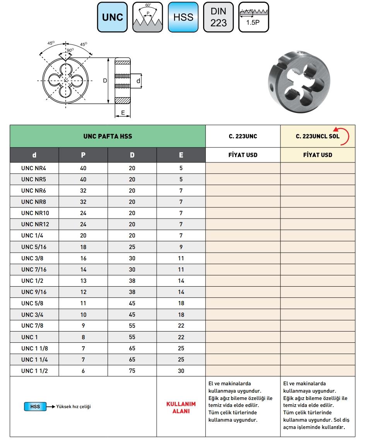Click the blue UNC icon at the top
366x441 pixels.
click(x=112, y=17)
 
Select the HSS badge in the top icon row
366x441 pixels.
click(x=183, y=17)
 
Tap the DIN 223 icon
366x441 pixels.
click(x=218, y=17)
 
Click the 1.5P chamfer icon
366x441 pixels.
click(x=253, y=17)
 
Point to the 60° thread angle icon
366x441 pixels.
click(x=147, y=17)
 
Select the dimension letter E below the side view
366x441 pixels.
click(x=123, y=113)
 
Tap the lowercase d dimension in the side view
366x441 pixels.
click(x=139, y=80)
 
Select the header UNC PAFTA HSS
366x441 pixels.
click(x=108, y=136)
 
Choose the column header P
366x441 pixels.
click(x=83, y=155)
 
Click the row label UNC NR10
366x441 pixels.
click(x=35, y=213)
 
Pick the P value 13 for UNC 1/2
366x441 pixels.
click(x=83, y=281)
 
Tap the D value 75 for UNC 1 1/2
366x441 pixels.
click(x=132, y=371)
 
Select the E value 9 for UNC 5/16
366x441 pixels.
click(x=181, y=247)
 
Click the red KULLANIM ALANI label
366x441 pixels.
click(x=181, y=407)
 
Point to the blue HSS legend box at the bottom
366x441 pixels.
click(x=35, y=407)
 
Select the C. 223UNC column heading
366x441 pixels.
click(x=243, y=136)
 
